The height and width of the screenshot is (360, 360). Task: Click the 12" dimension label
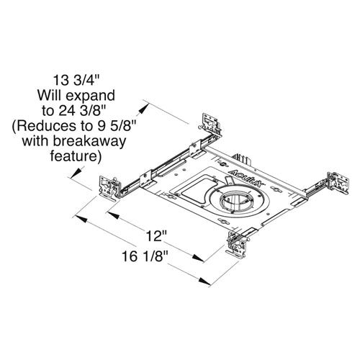pyautogui.click(x=158, y=235)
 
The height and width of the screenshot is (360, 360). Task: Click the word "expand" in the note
pyautogui.click(x=89, y=94)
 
